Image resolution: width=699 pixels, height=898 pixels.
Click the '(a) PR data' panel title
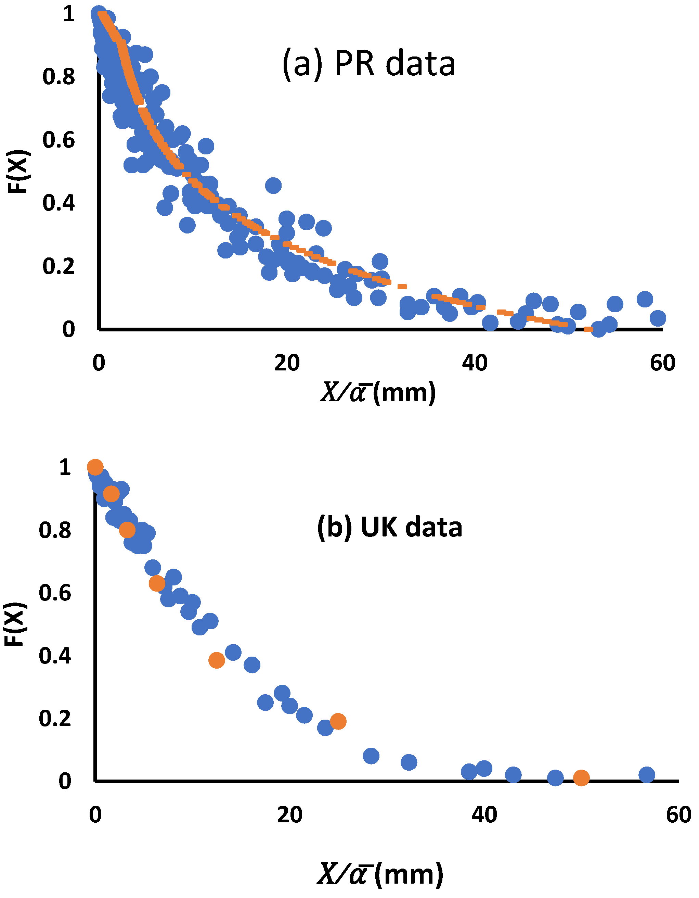tap(368, 64)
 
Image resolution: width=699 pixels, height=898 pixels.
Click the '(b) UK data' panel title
tap(390, 528)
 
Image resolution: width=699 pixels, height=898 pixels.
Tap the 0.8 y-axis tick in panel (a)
tap(59, 77)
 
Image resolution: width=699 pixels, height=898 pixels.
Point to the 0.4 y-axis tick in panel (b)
tap(55, 656)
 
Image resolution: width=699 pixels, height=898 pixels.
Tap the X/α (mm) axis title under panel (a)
tap(378, 393)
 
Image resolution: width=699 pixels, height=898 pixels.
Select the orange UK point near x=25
tap(338, 721)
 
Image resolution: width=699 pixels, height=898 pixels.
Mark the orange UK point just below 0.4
tap(217, 660)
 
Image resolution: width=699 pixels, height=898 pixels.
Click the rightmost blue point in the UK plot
tap(647, 775)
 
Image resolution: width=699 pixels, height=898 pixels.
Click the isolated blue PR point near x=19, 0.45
tap(273, 186)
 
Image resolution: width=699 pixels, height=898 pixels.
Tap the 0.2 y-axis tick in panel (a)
tap(59, 266)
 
